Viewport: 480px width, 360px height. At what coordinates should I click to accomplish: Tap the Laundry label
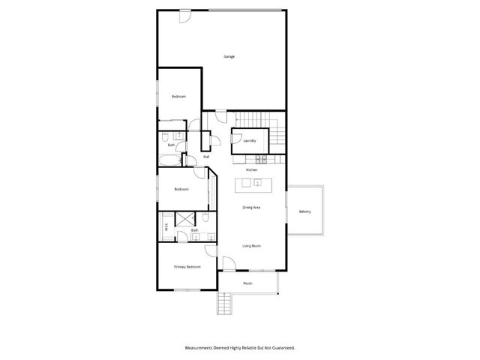(x=250, y=140)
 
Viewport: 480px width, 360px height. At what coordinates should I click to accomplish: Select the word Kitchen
(x=251, y=170)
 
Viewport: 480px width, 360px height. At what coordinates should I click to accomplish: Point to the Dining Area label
(x=251, y=207)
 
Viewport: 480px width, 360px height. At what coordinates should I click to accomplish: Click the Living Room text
(x=251, y=246)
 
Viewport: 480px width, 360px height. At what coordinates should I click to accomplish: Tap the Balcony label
(x=304, y=211)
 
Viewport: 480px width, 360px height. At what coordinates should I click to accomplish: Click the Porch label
(x=247, y=283)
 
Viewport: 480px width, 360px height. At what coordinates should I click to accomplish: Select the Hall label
(x=206, y=157)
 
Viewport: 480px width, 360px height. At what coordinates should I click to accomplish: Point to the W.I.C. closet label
(x=166, y=229)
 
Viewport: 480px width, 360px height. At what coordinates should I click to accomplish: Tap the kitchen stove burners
(x=262, y=159)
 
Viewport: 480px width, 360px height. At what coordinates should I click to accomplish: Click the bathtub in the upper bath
(x=170, y=160)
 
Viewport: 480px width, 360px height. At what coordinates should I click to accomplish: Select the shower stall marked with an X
(x=184, y=219)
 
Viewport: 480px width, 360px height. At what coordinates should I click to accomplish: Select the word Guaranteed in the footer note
(x=282, y=348)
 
